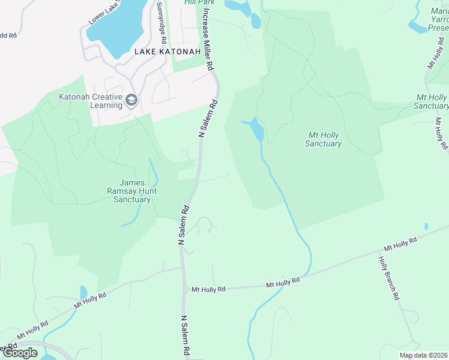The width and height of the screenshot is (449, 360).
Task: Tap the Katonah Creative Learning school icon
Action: tap(132, 100)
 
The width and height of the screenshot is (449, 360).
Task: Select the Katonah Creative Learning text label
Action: tap(91, 101)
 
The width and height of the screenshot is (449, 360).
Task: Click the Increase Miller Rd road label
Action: tap(208, 40)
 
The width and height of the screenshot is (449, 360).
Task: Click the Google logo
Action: tap(20, 353)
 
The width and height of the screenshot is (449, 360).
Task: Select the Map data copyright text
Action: tap(424, 355)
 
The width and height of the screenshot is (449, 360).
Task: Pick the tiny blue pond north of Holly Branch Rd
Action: tap(426, 226)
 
